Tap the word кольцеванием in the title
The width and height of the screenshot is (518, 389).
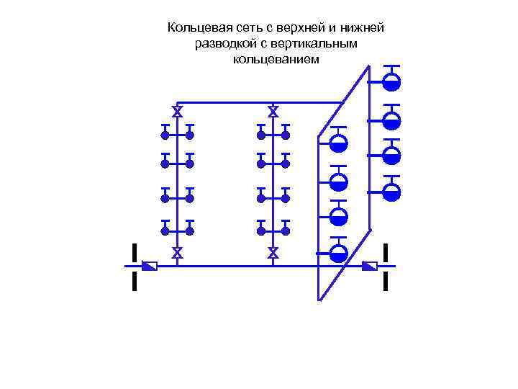point(276,59)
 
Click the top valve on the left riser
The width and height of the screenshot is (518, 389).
point(177,111)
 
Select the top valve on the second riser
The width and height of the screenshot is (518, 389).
point(273,111)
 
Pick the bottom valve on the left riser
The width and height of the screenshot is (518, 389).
point(177,253)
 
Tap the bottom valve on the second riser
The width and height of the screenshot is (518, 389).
point(273,253)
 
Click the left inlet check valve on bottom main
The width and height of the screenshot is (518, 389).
point(150,267)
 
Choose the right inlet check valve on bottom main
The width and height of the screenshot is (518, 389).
point(370,267)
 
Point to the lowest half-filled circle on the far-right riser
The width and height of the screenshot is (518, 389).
point(391,192)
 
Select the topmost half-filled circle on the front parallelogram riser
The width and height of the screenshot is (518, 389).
point(338,143)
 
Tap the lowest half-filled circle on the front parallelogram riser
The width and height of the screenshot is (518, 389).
point(338,252)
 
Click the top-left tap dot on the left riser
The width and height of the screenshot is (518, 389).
point(165,135)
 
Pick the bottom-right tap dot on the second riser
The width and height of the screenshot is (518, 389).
point(286,231)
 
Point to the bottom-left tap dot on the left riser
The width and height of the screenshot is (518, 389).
point(165,231)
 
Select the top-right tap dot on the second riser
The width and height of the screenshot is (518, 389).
point(286,135)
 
